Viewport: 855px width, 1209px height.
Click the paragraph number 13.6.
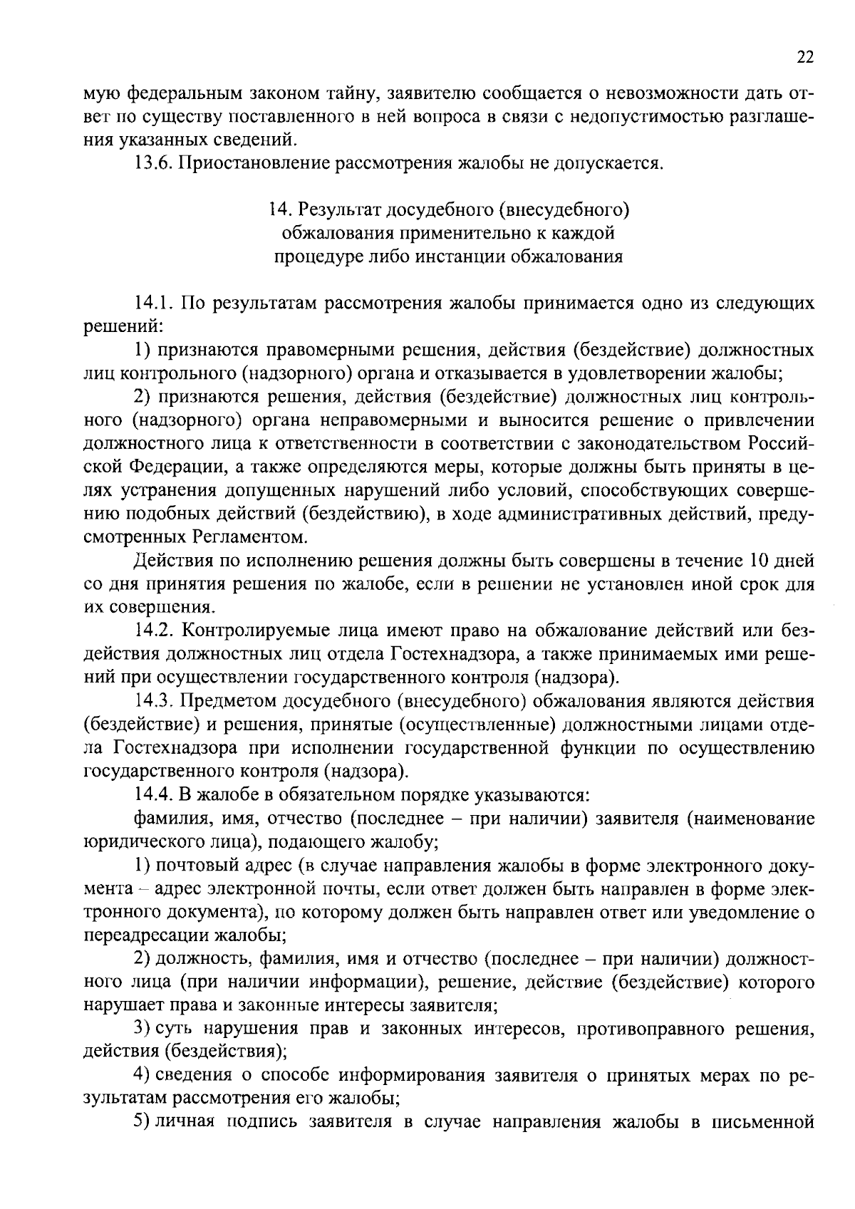point(152,164)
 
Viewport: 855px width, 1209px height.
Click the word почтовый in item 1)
point(196,866)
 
